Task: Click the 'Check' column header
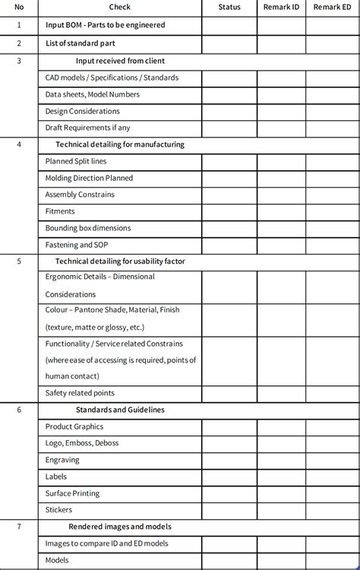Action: pyautogui.click(x=119, y=7)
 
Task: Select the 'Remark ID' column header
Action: pyautogui.click(x=281, y=7)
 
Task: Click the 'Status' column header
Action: pyautogui.click(x=229, y=7)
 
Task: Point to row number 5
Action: pyautogui.click(x=19, y=261)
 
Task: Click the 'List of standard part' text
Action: pyautogui.click(x=80, y=43)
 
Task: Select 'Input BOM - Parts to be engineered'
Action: pyautogui.click(x=105, y=25)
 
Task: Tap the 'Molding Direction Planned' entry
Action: pyautogui.click(x=89, y=178)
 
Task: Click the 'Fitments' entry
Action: pyautogui.click(x=61, y=211)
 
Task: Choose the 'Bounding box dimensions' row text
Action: pyautogui.click(x=88, y=228)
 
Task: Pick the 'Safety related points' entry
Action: pyautogui.click(x=80, y=393)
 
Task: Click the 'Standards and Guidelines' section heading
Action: pyautogui.click(x=120, y=410)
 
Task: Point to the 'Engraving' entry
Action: pyautogui.click(x=62, y=460)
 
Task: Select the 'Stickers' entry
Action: pyautogui.click(x=59, y=510)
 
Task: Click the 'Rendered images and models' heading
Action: pyautogui.click(x=120, y=527)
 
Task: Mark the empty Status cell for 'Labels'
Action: pyautogui.click(x=229, y=477)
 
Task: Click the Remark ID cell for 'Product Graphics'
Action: pyautogui.click(x=281, y=426)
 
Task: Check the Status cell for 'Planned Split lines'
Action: pyautogui.click(x=229, y=161)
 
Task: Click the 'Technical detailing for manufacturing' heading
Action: pyautogui.click(x=120, y=144)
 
